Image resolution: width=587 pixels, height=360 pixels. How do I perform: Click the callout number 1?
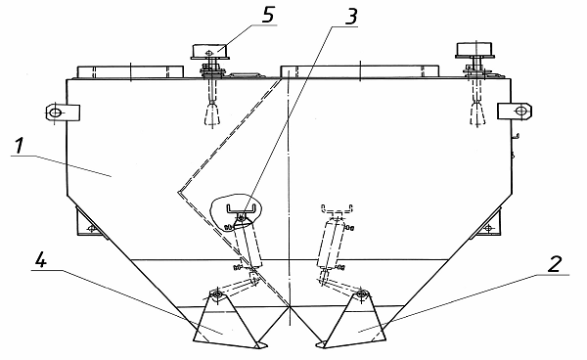(x=19, y=146)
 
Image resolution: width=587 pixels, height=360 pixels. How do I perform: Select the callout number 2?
(x=555, y=264)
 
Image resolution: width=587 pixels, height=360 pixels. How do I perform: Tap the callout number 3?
(x=350, y=16)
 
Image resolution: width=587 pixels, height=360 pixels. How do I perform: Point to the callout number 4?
(x=40, y=259)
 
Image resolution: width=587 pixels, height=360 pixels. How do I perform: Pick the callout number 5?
(x=268, y=15)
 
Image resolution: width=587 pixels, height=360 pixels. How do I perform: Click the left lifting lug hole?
(x=56, y=112)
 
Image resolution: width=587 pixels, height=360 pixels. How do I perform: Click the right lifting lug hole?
(x=520, y=111)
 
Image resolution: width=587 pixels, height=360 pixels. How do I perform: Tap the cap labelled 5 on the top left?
(x=209, y=51)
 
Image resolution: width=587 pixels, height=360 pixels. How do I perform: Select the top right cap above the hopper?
(x=474, y=50)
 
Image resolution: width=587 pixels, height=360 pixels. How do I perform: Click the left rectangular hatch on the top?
(x=130, y=72)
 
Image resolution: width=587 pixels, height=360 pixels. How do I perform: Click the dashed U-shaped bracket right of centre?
(x=338, y=208)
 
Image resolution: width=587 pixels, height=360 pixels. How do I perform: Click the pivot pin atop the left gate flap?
(x=217, y=294)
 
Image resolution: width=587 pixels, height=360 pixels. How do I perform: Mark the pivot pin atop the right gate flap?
(x=361, y=293)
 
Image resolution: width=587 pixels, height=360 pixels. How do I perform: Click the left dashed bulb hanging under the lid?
(x=212, y=114)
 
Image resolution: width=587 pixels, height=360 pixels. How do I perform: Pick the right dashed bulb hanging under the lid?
(x=477, y=113)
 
